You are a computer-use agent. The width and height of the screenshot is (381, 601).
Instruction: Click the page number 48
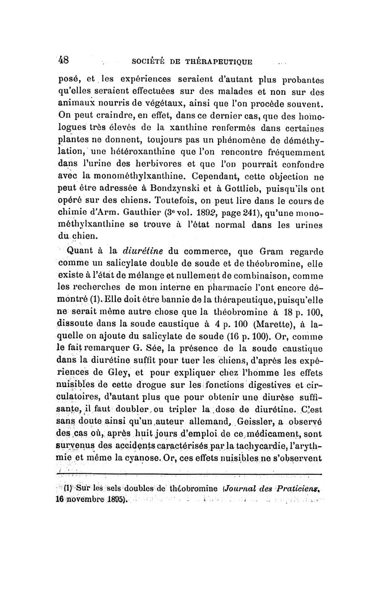(x=64, y=60)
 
